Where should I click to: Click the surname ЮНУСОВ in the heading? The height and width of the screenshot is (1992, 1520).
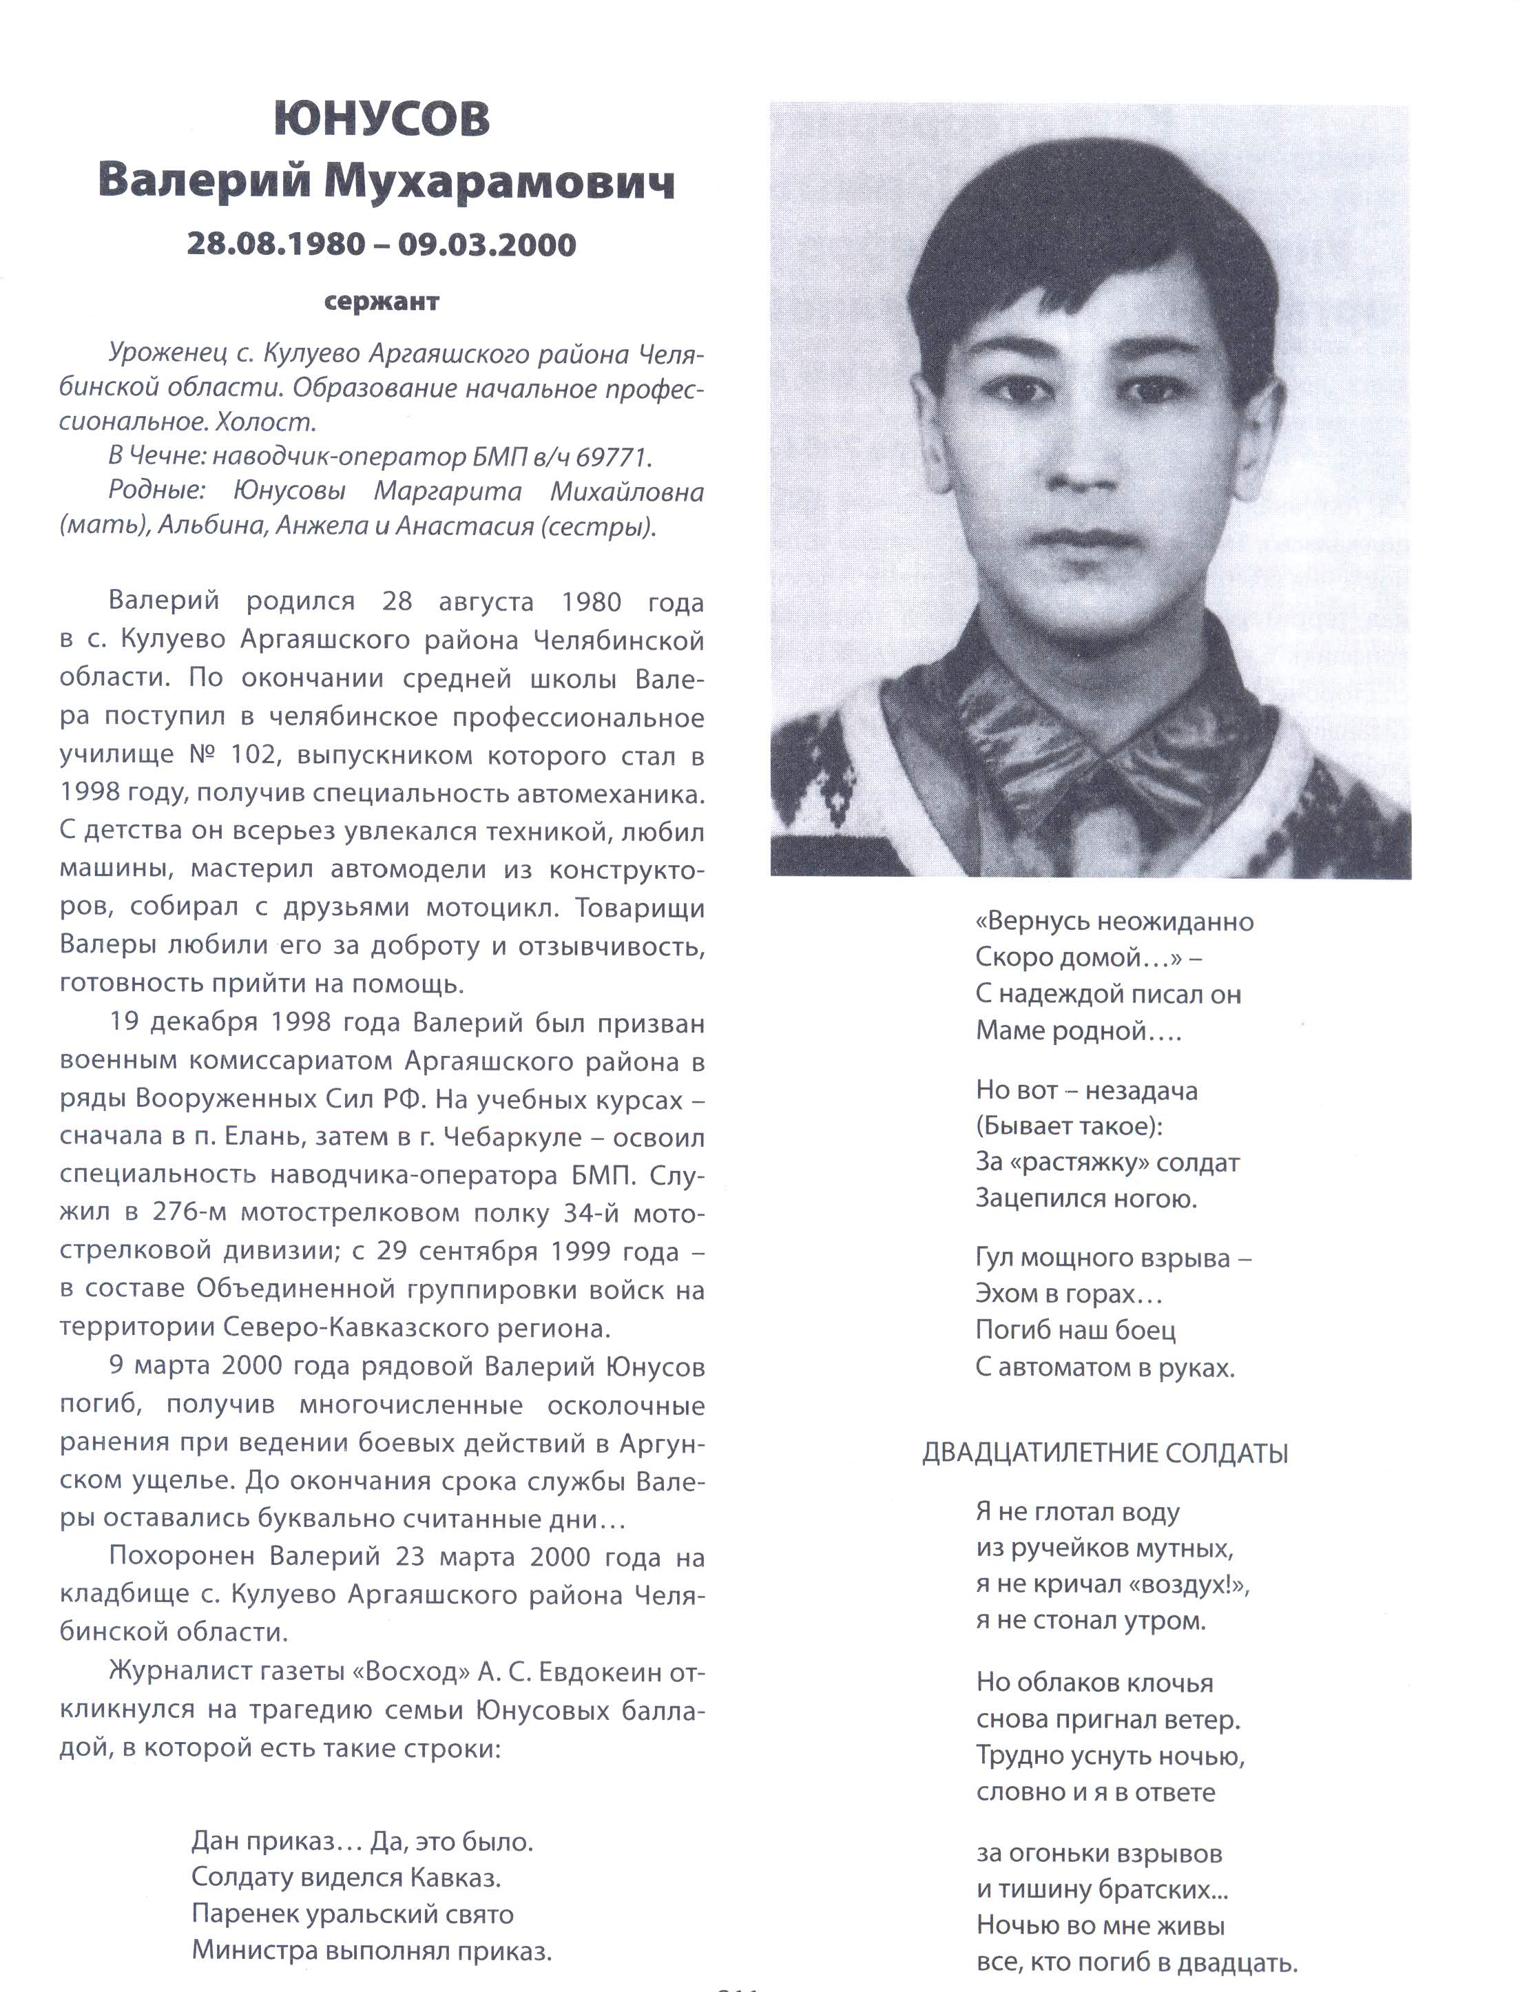[x=381, y=119]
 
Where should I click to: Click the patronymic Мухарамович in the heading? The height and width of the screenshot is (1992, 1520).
[x=499, y=183]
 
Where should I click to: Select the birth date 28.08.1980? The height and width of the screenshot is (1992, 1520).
[x=276, y=245]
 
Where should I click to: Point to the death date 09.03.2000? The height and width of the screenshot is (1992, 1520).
[x=487, y=245]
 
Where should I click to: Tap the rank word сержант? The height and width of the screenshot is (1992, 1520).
[x=381, y=302]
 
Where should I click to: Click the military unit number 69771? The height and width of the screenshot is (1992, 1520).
[x=612, y=458]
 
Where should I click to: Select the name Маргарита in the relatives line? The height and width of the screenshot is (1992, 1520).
[x=448, y=492]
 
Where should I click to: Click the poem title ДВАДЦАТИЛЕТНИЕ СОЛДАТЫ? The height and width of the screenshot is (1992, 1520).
[x=1105, y=1454]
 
